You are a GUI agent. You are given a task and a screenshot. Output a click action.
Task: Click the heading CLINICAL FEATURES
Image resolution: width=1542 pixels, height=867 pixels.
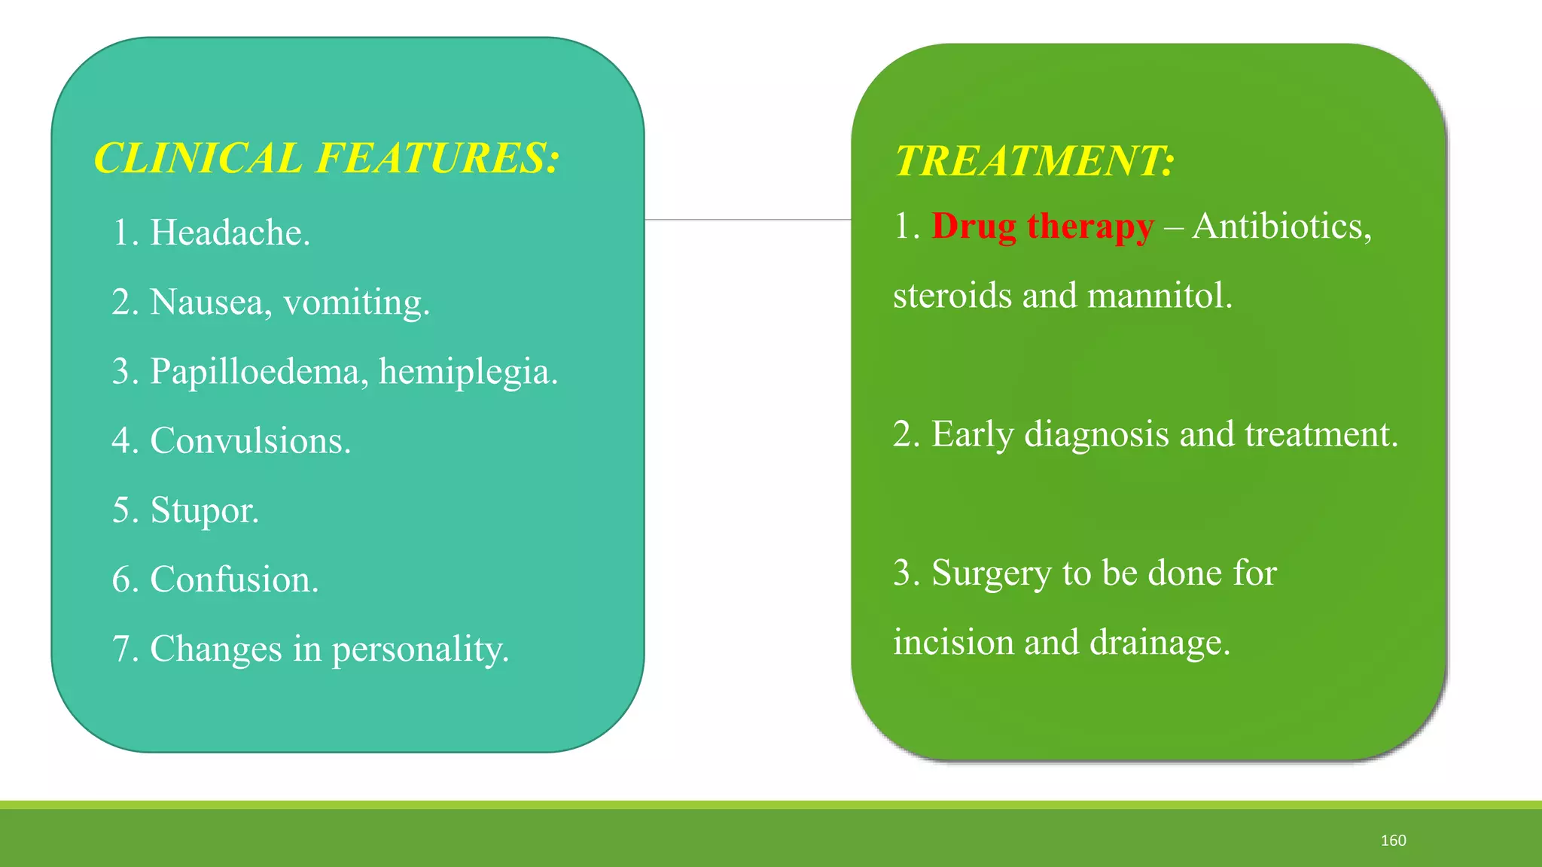pyautogui.click(x=326, y=159)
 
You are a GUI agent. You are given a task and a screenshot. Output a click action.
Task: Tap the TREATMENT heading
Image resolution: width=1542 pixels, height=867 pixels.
pyautogui.click(x=1034, y=162)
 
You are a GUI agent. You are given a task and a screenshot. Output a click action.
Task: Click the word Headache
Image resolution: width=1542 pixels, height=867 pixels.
pyautogui.click(x=230, y=233)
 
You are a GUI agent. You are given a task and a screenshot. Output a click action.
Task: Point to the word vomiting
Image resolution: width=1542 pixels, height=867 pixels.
pyautogui.click(x=356, y=303)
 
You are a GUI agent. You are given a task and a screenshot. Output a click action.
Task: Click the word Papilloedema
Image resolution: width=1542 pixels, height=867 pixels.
pyautogui.click(x=259, y=372)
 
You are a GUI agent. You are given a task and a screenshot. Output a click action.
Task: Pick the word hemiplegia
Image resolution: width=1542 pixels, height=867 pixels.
pyautogui.click(x=468, y=372)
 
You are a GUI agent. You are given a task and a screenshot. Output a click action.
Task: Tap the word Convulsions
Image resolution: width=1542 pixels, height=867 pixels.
pyautogui.click(x=250, y=441)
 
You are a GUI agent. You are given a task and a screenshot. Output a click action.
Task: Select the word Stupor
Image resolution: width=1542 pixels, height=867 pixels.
pyautogui.click(x=204, y=511)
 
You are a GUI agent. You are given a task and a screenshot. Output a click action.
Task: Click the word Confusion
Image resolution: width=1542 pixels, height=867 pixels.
pyautogui.click(x=234, y=580)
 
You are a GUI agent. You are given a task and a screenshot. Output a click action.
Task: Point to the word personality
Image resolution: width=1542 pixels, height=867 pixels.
pyautogui.click(x=420, y=649)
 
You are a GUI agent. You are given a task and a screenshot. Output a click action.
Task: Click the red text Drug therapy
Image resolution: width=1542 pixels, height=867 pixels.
pyautogui.click(x=1043, y=227)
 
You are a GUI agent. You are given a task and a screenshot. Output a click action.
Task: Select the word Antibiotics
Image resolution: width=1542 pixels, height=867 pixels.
pyautogui.click(x=1281, y=227)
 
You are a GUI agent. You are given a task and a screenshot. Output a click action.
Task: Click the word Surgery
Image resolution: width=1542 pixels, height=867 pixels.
pyautogui.click(x=992, y=573)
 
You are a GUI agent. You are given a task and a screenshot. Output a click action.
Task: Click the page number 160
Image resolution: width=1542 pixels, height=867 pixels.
pyautogui.click(x=1393, y=841)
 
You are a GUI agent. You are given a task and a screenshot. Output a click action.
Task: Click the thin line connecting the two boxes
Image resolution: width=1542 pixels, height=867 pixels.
pyautogui.click(x=748, y=220)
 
